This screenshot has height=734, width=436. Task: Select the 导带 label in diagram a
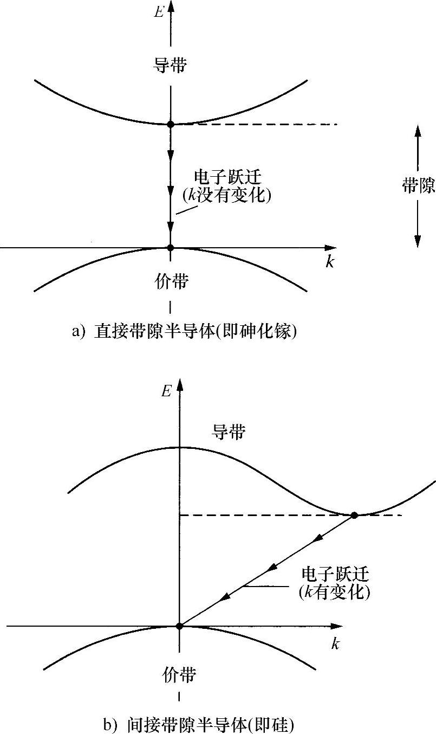(x=171, y=66)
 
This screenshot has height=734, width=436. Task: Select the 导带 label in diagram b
(x=229, y=432)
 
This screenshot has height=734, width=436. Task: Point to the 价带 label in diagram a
(x=171, y=281)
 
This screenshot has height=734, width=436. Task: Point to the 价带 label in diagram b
(x=179, y=675)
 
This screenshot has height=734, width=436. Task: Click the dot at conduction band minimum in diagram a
(x=171, y=124)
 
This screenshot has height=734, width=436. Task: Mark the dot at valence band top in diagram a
(x=171, y=247)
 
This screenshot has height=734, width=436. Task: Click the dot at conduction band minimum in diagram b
(x=354, y=515)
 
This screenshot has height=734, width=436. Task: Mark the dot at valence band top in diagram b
(x=179, y=626)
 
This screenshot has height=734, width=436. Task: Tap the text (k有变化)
(x=334, y=593)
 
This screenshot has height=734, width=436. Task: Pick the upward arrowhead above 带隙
(x=418, y=130)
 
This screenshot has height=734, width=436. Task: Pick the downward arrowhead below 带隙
(x=418, y=241)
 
